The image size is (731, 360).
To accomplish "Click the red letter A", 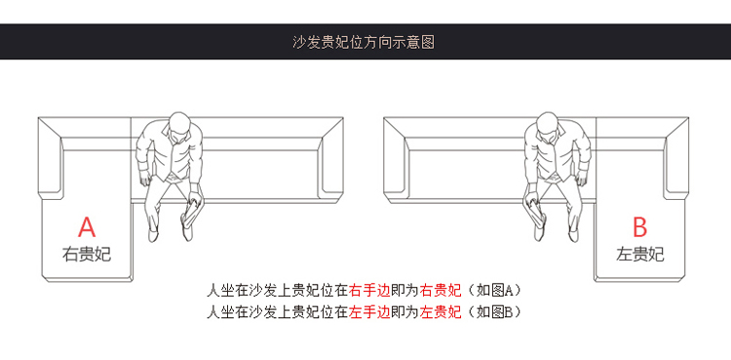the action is [x=87, y=227].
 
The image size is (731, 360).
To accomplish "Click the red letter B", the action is [x=639, y=227].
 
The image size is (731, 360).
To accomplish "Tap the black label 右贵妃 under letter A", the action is [x=87, y=255].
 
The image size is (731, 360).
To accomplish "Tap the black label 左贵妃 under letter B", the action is [x=639, y=255].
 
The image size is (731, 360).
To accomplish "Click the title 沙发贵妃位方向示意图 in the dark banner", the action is [x=364, y=42].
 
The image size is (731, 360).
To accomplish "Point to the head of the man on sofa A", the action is [x=179, y=126].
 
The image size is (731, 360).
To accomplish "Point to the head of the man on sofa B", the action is [x=548, y=126].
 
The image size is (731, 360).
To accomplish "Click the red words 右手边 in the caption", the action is [x=369, y=291].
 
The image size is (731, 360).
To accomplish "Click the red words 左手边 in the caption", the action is [x=369, y=311].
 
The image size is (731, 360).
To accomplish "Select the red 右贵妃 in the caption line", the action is [x=441, y=291].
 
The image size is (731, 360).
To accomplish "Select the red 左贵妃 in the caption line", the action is [x=441, y=311].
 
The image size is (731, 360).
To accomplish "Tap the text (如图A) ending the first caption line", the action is [x=493, y=291].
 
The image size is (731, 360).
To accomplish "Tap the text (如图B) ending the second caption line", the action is [x=493, y=311].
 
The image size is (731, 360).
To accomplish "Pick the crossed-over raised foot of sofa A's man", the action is [x=186, y=231].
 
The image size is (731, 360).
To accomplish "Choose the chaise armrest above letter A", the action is [x=50, y=159].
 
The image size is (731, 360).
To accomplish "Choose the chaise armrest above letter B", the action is [x=677, y=159].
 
